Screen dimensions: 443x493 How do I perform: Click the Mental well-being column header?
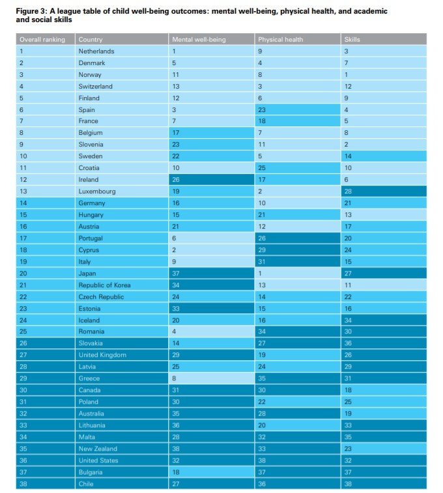tap(199, 39)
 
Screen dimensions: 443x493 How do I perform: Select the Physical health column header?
tap(280, 39)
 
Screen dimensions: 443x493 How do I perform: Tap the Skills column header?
tap(352, 39)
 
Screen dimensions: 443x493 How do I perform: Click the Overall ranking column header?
tap(42, 39)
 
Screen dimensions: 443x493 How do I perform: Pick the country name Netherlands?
tap(96, 51)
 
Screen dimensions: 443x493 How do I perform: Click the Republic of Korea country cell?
tap(104, 285)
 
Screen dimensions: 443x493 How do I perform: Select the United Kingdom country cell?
tap(102, 355)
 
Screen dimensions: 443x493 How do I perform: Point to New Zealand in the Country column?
tap(98, 449)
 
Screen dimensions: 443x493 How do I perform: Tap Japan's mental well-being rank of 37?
tap(175, 274)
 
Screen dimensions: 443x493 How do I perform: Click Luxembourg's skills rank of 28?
tap(348, 191)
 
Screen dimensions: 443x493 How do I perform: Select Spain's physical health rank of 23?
tap(262, 109)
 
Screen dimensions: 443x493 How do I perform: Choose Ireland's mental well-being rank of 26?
tap(175, 180)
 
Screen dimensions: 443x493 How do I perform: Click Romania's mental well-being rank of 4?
tap(174, 331)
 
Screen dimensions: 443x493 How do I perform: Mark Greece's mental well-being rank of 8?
tap(174, 378)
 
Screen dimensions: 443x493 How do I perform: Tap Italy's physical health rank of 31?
tap(262, 262)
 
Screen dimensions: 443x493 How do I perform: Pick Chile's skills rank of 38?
tap(348, 484)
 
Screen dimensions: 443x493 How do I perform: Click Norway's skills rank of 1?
tap(346, 75)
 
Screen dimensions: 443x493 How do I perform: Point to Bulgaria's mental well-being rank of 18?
tap(175, 472)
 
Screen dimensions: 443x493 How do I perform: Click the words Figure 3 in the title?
tap(31, 11)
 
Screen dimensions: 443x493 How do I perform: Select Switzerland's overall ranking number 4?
tap(21, 87)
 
